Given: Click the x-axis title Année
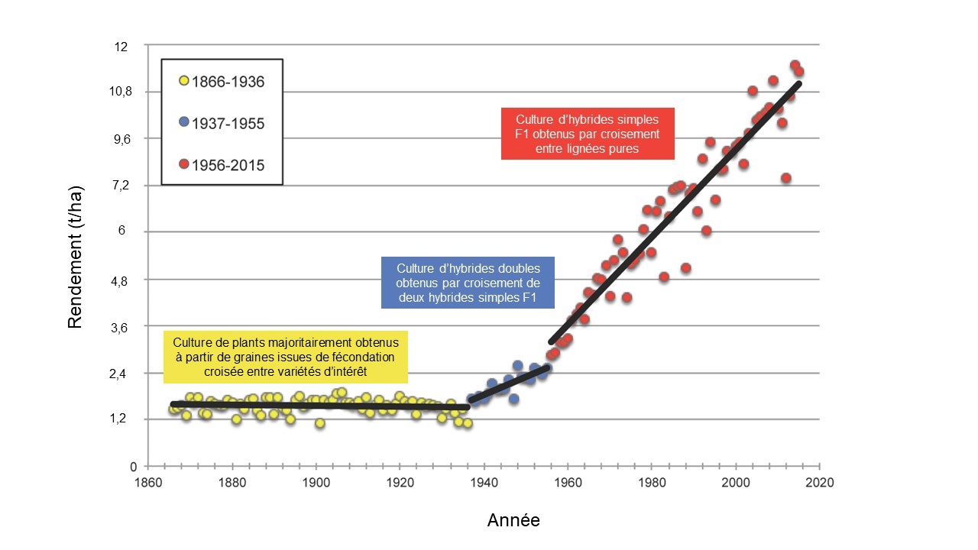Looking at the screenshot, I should point(513,521).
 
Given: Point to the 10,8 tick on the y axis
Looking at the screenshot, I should point(121,92).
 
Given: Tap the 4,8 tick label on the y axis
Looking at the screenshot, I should point(121,280).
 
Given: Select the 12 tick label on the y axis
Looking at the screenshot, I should point(121,47).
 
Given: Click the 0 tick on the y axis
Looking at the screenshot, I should point(133,466).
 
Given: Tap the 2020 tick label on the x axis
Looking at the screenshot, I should point(819,483).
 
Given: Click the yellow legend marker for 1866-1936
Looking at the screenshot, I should point(183,81).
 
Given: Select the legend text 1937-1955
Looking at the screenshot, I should point(228,123).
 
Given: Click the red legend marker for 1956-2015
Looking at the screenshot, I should point(183,164).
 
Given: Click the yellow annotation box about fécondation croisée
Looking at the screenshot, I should point(286,357).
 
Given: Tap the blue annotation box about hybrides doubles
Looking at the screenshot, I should point(468,283).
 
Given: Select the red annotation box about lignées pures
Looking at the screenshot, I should point(587,134).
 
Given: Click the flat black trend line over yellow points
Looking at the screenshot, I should point(321,405).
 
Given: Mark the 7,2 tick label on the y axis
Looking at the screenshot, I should point(121,186).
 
